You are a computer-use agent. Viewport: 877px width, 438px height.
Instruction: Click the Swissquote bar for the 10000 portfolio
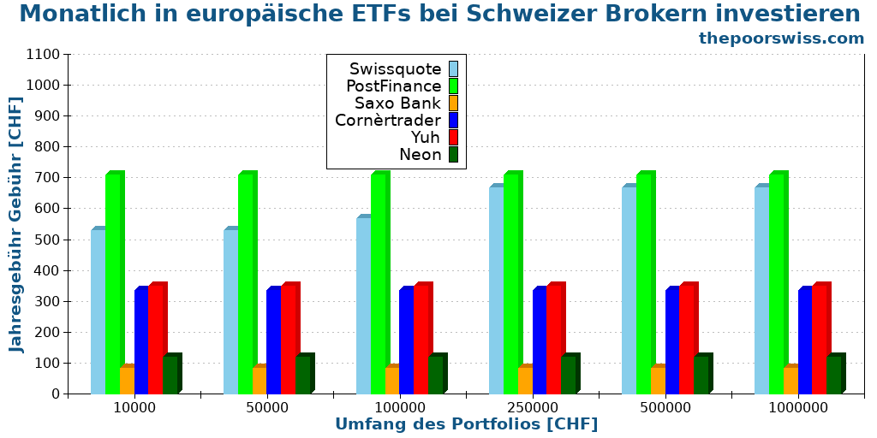click(x=98, y=311)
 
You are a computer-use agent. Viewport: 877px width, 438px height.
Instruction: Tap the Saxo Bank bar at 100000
click(x=391, y=380)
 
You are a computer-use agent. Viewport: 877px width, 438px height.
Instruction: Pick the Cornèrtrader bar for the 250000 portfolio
click(x=539, y=341)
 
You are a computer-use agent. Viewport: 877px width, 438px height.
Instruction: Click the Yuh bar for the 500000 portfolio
click(x=686, y=339)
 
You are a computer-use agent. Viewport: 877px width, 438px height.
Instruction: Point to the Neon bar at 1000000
click(x=833, y=375)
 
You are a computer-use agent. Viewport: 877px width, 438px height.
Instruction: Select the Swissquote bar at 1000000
click(x=761, y=290)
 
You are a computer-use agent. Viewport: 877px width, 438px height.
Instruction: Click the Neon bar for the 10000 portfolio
click(x=170, y=375)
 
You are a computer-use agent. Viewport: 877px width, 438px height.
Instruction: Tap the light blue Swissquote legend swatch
click(x=453, y=68)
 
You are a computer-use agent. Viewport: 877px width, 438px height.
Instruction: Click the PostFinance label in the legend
click(x=393, y=86)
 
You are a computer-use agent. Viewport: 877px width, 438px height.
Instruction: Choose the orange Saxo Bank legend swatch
click(x=453, y=103)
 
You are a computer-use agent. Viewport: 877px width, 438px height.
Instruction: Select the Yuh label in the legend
click(x=425, y=137)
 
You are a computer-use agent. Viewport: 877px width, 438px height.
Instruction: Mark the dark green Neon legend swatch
click(x=453, y=154)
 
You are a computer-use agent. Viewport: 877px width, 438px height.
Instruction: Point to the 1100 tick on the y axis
click(x=43, y=54)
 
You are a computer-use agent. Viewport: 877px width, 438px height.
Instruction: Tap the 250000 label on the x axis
click(x=533, y=407)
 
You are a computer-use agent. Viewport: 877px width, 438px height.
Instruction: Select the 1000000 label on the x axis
click(x=798, y=407)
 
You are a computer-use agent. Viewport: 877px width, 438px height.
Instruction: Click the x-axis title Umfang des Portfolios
click(x=466, y=424)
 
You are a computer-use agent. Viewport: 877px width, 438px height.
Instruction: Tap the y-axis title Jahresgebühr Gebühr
click(x=17, y=224)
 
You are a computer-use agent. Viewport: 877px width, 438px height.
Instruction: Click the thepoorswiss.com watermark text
click(x=781, y=38)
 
